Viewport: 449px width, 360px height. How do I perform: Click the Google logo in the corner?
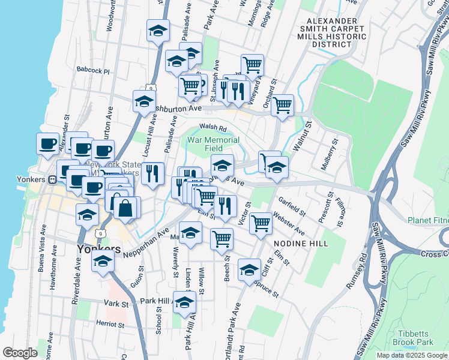click(x=19, y=353)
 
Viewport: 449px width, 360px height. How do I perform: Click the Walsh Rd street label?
click(x=212, y=127)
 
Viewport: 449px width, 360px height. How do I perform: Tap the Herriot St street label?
click(x=110, y=324)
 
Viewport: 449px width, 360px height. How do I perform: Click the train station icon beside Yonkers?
click(x=52, y=179)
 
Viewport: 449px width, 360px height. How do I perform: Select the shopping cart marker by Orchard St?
click(x=282, y=106)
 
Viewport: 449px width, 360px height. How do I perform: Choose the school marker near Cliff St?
click(x=249, y=269)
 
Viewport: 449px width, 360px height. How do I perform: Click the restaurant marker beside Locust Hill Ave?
click(x=153, y=173)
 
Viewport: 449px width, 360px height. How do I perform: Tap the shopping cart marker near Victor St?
click(x=261, y=223)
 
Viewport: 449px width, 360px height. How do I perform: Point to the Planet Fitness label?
click(x=428, y=220)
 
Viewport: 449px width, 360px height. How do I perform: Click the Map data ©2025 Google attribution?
click(x=412, y=355)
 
